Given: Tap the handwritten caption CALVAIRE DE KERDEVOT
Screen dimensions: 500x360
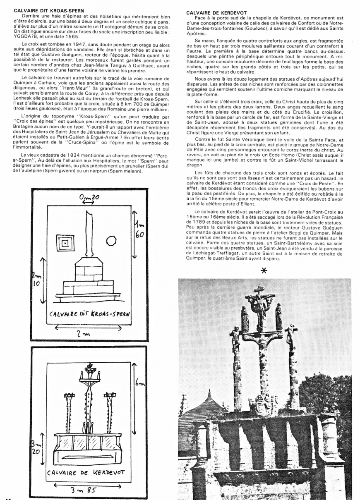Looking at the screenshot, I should coord(86,472).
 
